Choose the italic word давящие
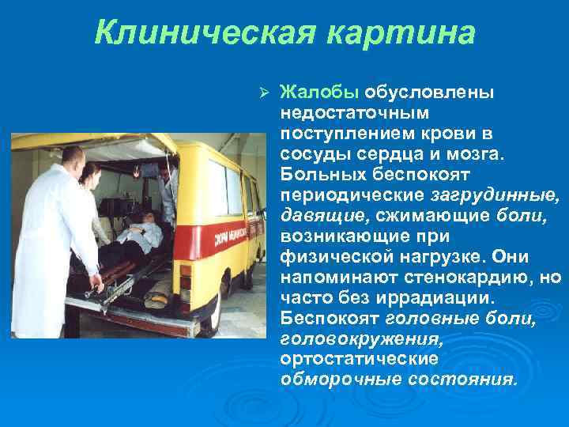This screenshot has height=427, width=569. point(314,214)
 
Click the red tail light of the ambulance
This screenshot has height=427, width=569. point(184,278)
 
